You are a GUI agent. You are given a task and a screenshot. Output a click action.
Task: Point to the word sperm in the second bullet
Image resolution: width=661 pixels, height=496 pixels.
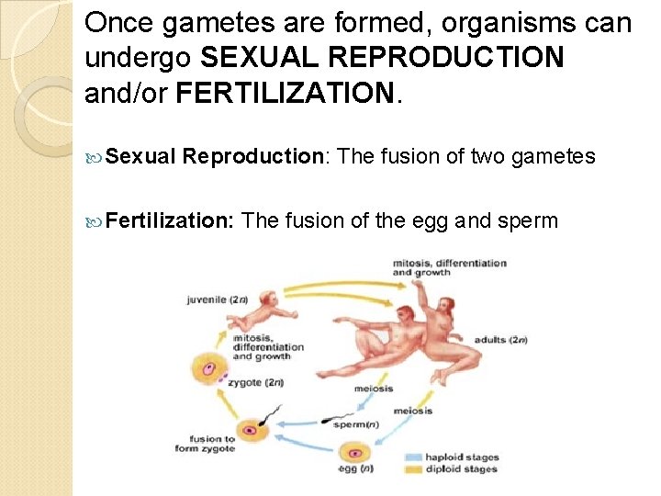point(528,220)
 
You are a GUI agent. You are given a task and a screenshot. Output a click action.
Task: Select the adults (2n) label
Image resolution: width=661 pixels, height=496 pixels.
point(501,340)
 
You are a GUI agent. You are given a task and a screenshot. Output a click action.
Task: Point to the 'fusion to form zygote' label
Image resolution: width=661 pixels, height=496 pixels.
point(205,444)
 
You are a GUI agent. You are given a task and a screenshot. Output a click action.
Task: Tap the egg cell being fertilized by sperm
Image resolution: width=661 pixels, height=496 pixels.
point(249,430)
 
